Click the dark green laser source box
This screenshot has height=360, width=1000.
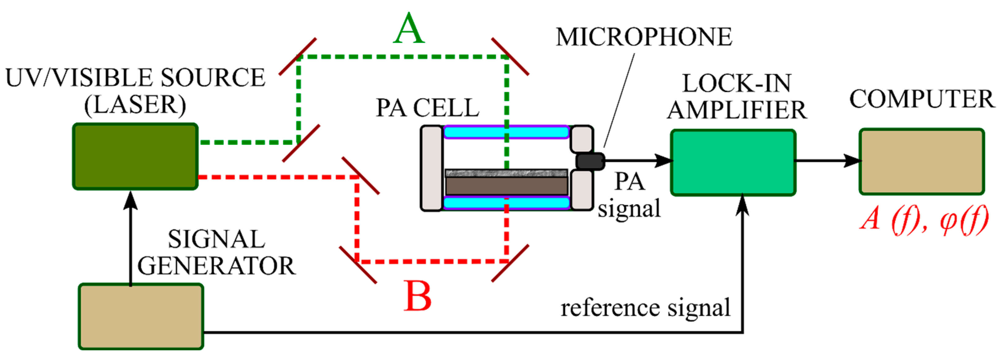coord(135,156)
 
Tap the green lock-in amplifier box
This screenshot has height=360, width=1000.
coord(733,162)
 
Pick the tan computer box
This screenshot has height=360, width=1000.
coord(922,162)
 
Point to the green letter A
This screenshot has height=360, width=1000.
coord(408,29)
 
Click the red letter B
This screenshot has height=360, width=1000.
coord(417,296)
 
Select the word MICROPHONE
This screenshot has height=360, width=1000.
coord(644,37)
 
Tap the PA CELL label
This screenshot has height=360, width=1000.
coord(427,108)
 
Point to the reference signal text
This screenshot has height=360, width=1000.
coord(645,308)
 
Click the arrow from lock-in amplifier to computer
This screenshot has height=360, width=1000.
coord(827,160)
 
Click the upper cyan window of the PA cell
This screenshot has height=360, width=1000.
coord(506,132)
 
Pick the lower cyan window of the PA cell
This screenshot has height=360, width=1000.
coord(506,203)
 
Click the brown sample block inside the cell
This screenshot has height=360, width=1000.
coord(506,186)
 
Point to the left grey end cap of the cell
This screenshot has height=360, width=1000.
coord(432,168)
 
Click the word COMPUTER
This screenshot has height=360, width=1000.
coord(922,99)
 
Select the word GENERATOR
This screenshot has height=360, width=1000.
coord(216,266)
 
